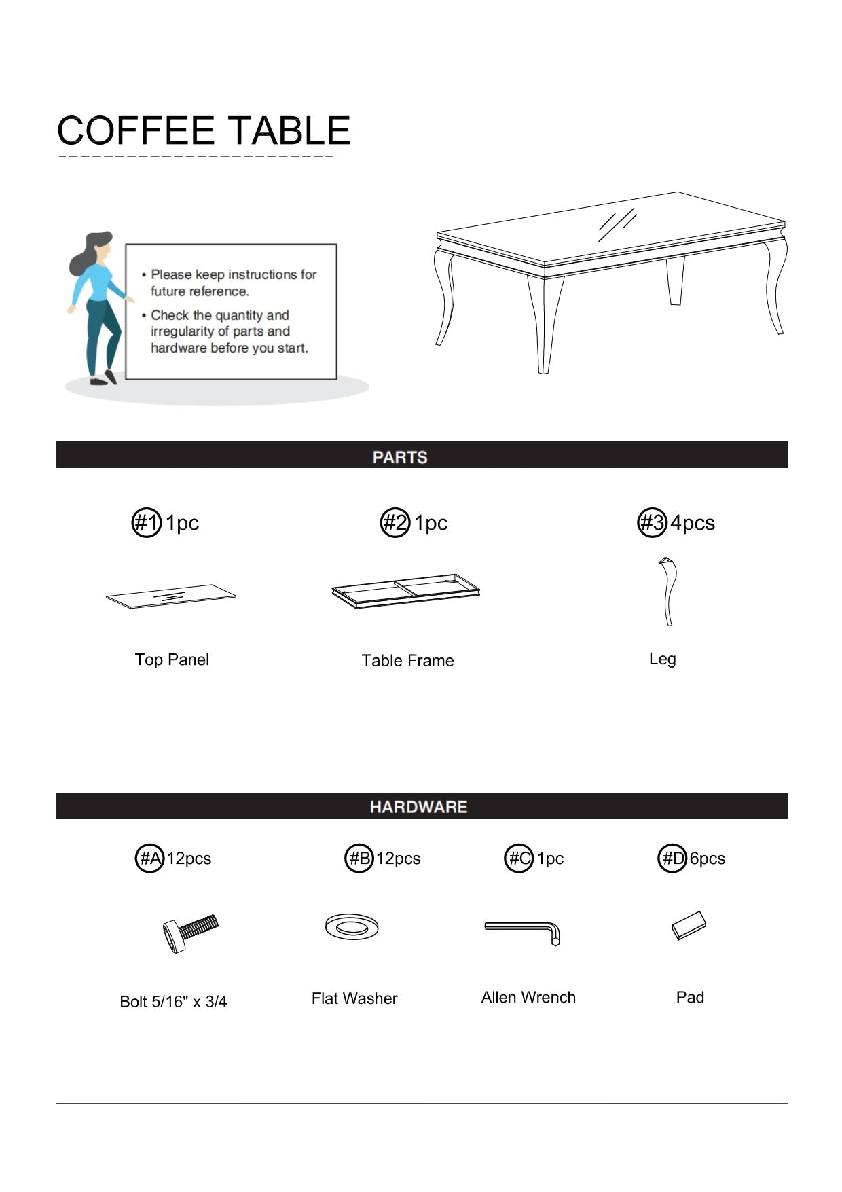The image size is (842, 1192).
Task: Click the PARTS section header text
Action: click(x=400, y=457)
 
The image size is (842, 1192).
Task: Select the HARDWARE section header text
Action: click(x=418, y=807)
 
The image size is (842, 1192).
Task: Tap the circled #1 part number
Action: click(x=146, y=523)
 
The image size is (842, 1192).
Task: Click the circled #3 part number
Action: click(x=652, y=523)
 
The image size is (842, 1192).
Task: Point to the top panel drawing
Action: click(x=171, y=596)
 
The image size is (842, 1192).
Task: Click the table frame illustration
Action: click(x=406, y=590)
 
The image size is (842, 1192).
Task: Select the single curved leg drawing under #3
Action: click(x=669, y=591)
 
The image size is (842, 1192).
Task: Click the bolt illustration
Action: click(x=190, y=932)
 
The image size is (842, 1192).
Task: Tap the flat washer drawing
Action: click(x=352, y=926)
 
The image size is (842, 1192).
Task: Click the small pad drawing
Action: click(x=689, y=925)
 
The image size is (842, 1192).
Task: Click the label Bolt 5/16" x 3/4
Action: click(x=173, y=1001)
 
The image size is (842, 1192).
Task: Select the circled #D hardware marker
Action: click(x=672, y=859)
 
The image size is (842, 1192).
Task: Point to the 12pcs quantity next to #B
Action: click(x=399, y=859)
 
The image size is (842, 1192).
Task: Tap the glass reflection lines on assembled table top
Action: click(x=617, y=224)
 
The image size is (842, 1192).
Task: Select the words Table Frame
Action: click(x=407, y=660)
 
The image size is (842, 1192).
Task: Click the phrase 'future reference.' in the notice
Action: click(x=200, y=291)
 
